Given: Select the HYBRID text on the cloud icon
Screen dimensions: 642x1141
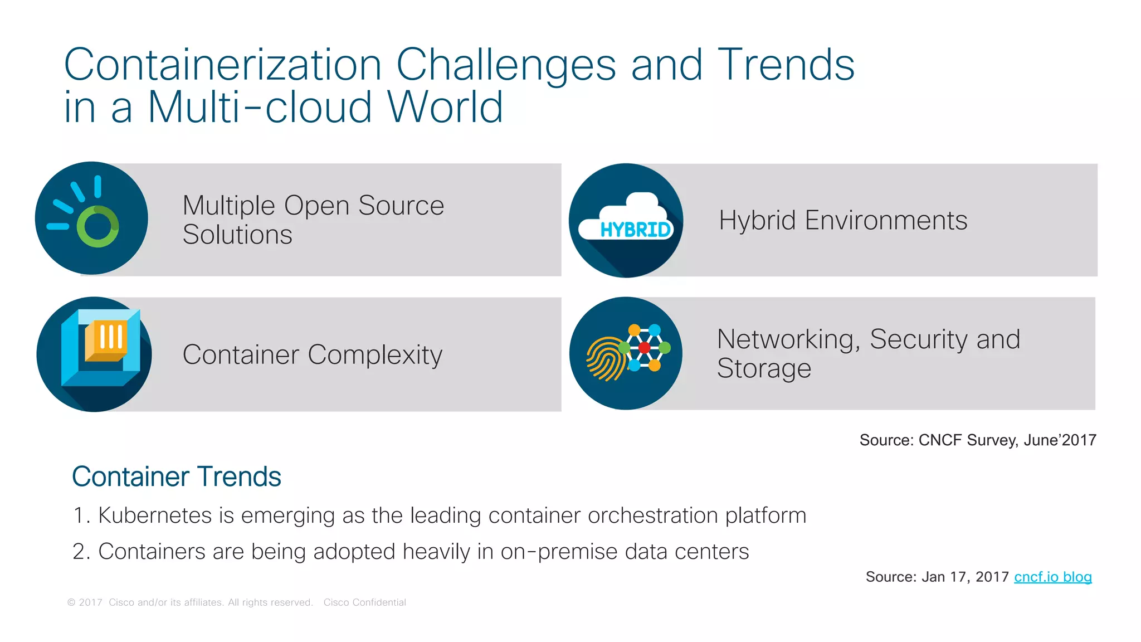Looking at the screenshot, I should coord(635,230).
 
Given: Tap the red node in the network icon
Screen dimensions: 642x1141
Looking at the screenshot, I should coord(644,348).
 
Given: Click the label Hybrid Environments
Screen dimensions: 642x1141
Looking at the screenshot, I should coord(842,220).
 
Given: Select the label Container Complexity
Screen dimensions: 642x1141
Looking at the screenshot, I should coord(312,355).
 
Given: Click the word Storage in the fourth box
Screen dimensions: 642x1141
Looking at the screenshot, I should coord(763,368).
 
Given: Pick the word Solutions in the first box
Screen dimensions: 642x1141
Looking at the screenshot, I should coord(237,235).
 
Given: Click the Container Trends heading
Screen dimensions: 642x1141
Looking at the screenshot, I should coord(176,477).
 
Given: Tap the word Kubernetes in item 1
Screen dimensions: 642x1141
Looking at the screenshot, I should coord(155,515).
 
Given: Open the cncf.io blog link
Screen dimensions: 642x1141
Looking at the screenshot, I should coord(1052,577).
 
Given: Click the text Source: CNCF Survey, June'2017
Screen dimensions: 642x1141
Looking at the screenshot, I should coord(977,440).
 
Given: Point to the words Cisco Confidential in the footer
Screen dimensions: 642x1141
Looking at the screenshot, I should coord(364,602).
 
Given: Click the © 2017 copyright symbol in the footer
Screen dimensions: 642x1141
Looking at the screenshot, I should coord(71,602).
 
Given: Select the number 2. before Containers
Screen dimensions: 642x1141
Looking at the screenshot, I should coord(81,552).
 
